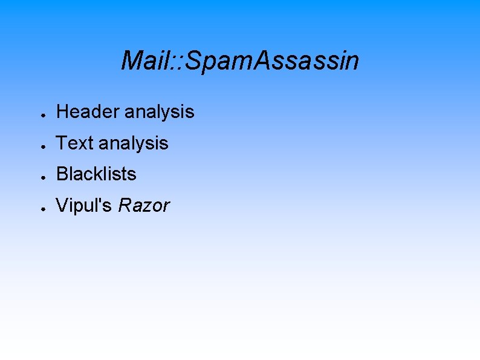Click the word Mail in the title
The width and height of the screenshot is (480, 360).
pyautogui.click(x=144, y=61)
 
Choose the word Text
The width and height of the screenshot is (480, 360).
pyautogui.click(x=74, y=143)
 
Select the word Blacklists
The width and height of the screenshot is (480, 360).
pyautogui.click(x=96, y=174)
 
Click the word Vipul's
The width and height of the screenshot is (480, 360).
pyautogui.click(x=85, y=206)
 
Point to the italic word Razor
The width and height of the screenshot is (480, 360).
pyautogui.click(x=144, y=206)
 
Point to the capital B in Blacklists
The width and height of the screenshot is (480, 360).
pyautogui.click(x=62, y=174)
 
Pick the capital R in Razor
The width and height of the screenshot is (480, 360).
pyautogui.click(x=126, y=206)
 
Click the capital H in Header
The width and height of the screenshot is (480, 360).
pyautogui.click(x=62, y=112)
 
